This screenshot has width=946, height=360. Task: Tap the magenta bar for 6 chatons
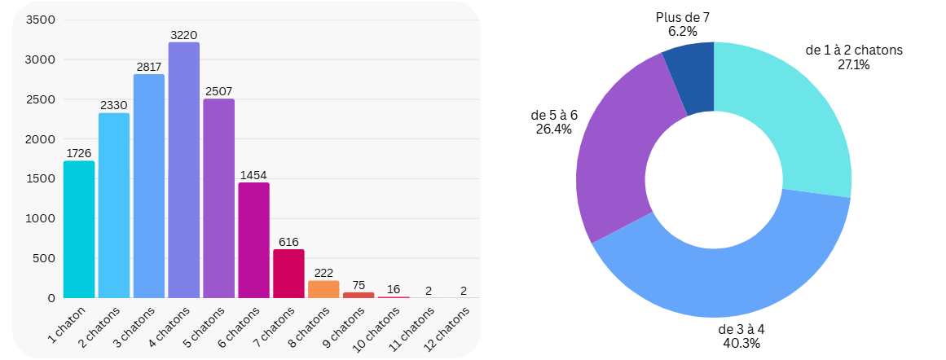254,240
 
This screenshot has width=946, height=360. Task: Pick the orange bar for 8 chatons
323,289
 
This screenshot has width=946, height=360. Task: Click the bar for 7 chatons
288,274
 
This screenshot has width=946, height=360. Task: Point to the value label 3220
184,35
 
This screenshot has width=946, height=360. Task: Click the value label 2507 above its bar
219,91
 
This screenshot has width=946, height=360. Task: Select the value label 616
288,242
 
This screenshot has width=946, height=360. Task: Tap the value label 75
359,285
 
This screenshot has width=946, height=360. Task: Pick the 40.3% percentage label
741,344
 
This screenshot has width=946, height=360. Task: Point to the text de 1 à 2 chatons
853,50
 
